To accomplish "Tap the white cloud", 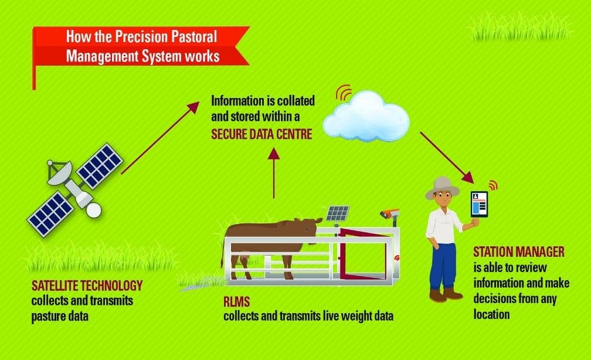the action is pos(366,117).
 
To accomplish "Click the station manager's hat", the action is pos(443,188).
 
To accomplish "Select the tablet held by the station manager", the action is pos(479,204).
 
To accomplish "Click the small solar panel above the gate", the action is pos(337,213).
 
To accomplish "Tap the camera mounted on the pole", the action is pos(389,214).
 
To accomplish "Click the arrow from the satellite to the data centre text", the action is pos(160,138).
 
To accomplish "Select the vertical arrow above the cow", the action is pos(274,172).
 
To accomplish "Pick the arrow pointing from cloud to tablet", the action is pos(447,158).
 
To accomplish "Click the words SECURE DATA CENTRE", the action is pos(261,134).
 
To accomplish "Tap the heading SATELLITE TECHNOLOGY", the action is pos(87,286).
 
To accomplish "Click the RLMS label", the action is pos(237,301).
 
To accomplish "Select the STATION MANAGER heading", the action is pos(519,252).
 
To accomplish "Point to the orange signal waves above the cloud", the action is pos(343,93).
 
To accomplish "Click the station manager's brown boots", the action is pos(446,294).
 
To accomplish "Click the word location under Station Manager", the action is pos(491,314).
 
